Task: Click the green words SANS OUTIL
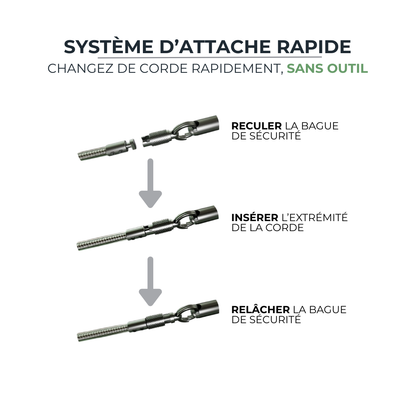coord(326,69)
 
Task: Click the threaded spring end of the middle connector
coord(100,245)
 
